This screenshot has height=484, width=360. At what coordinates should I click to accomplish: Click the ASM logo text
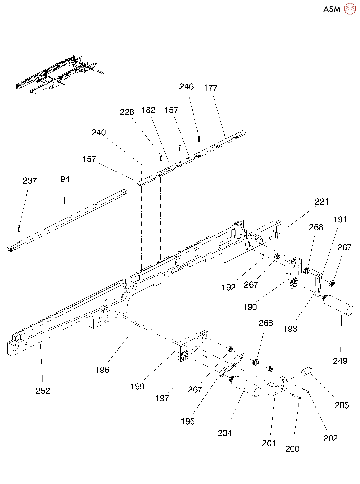(x=332, y=9)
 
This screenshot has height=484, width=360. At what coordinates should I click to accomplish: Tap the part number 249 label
(x=340, y=361)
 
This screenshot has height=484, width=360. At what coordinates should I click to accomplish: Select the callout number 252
(x=43, y=391)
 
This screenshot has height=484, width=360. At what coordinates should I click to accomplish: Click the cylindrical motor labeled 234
(x=245, y=387)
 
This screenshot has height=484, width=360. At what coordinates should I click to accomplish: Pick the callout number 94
(x=65, y=179)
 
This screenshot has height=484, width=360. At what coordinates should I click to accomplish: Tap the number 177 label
(x=211, y=88)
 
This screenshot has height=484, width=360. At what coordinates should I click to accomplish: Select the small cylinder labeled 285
(x=307, y=371)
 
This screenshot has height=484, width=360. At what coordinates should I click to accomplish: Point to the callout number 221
(x=322, y=202)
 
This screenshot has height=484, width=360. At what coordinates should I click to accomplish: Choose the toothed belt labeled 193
(x=319, y=284)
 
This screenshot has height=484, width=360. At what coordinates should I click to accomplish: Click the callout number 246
(x=186, y=87)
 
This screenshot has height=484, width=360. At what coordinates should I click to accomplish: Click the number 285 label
(x=342, y=405)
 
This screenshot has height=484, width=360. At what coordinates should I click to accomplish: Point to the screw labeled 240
(x=142, y=166)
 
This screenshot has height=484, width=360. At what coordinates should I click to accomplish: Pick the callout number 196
(x=102, y=370)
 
